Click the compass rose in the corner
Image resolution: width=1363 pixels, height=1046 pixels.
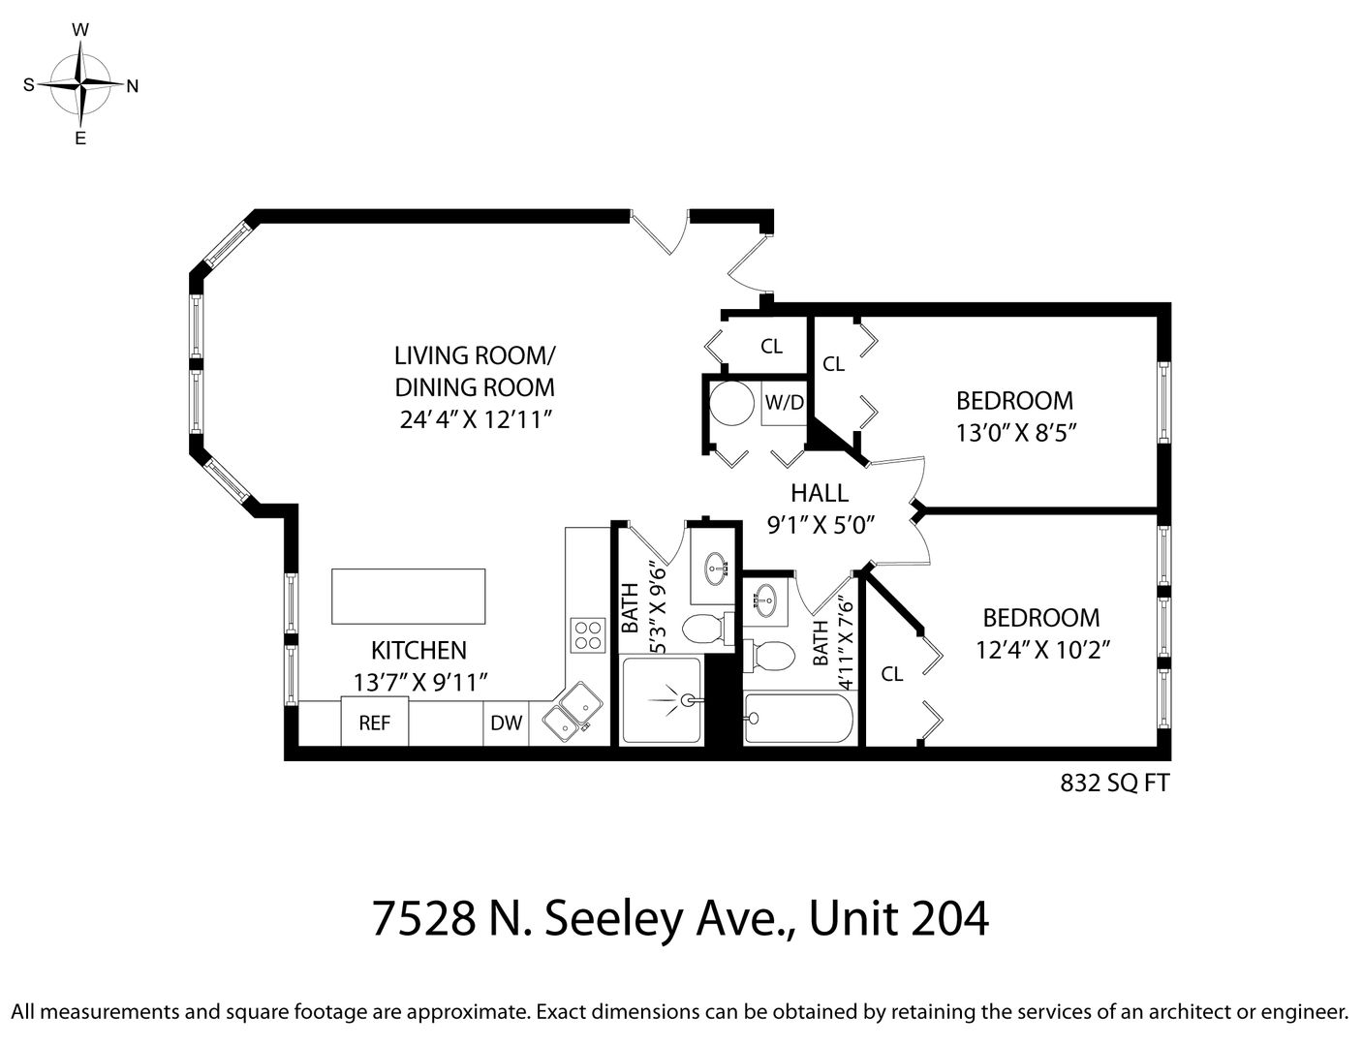(80, 84)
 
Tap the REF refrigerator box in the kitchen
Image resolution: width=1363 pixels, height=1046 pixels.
(375, 722)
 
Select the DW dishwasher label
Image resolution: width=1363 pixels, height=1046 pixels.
(507, 723)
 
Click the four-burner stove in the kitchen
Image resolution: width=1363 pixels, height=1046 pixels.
(588, 635)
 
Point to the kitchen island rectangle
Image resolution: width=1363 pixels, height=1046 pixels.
(409, 597)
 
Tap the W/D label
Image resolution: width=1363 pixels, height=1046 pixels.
(784, 403)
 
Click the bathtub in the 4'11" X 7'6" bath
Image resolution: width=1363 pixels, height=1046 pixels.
(798, 719)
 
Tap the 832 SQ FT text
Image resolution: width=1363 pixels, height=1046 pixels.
(1115, 784)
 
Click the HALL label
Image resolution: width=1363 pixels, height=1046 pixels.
(820, 494)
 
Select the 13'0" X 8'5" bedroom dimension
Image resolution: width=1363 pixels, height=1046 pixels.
(1016, 433)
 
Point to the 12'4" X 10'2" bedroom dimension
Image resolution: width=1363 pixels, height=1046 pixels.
(1043, 650)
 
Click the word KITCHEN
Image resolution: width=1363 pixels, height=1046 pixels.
(418, 650)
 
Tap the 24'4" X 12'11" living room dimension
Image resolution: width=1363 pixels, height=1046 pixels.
(476, 419)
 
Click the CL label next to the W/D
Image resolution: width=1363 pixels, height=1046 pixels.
(771, 346)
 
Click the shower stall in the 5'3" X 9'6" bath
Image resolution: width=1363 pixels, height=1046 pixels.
(662, 701)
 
